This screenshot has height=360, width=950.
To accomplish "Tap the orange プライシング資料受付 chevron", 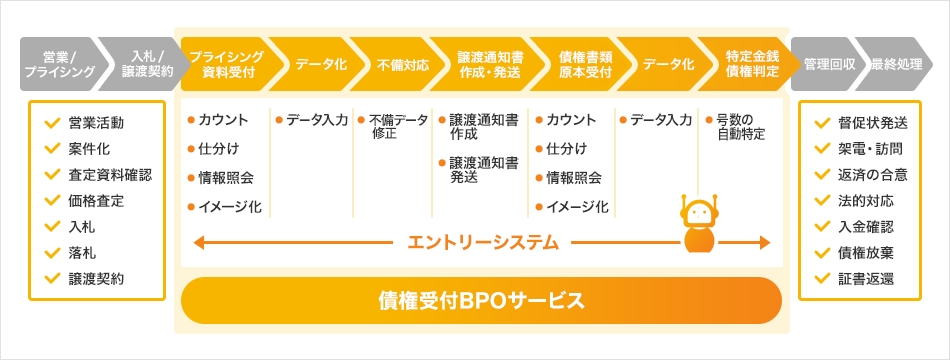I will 226,63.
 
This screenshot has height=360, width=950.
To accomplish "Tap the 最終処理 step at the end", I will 896,63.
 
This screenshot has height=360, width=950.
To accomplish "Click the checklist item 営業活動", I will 97,123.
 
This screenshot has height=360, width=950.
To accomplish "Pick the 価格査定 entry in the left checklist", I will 97,200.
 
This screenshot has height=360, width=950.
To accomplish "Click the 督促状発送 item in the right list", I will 874,123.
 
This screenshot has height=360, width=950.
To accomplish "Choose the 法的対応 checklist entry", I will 867,200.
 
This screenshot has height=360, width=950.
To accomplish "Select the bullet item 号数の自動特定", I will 742,126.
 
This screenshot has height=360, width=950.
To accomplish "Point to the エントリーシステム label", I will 483,242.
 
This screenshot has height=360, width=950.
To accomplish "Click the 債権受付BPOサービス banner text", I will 480,299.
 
